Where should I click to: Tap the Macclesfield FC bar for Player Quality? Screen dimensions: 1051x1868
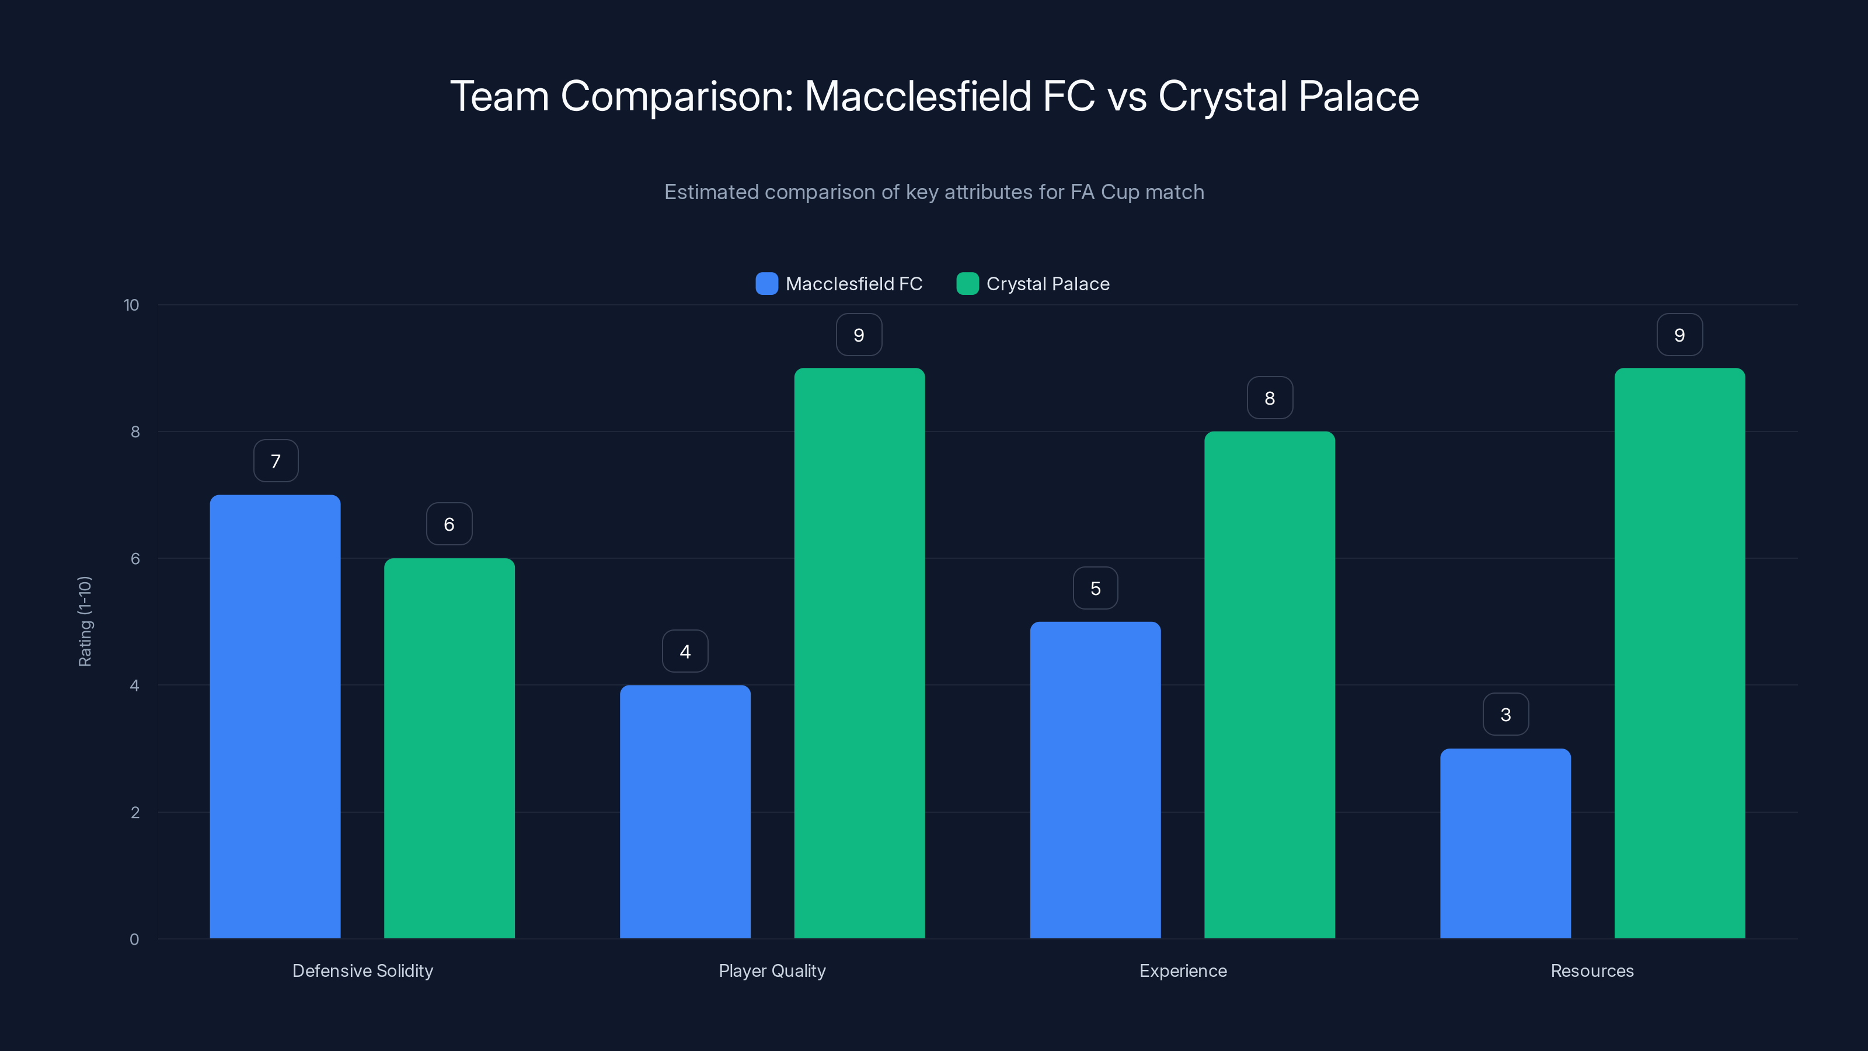coord(685,812)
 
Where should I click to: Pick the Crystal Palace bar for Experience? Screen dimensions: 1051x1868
coord(1269,685)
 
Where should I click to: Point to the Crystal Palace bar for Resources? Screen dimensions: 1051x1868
coord(1679,653)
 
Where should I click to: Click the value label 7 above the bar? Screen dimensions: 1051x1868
coord(276,461)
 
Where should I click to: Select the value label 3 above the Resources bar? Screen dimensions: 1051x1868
coord(1505,715)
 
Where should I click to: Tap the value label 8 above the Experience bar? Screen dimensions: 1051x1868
coord(1269,398)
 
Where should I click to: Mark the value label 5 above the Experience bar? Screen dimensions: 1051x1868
coord(1095,588)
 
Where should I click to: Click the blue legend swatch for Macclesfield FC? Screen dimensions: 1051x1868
coord(766,284)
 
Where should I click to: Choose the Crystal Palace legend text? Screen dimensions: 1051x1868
coord(1047,284)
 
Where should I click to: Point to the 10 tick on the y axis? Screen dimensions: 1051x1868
coord(131,305)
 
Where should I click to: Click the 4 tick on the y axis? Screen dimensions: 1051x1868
coord(134,685)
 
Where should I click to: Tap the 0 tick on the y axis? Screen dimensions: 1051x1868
coord(134,939)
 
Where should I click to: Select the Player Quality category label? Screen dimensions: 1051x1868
coord(772,970)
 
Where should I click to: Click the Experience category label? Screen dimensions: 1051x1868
coord(1183,970)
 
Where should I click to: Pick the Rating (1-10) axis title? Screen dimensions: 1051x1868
coord(85,622)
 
